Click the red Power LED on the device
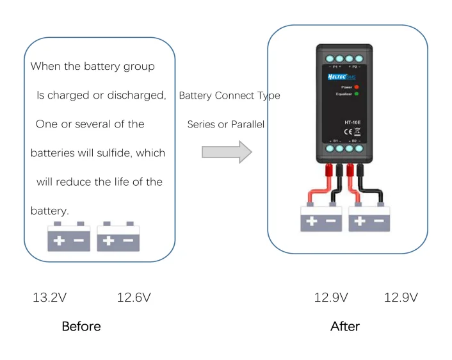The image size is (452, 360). point(357,86)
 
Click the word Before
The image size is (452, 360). point(81,327)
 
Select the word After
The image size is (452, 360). point(344,327)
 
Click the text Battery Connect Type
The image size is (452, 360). point(229,96)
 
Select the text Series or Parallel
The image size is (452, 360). point(226,124)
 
